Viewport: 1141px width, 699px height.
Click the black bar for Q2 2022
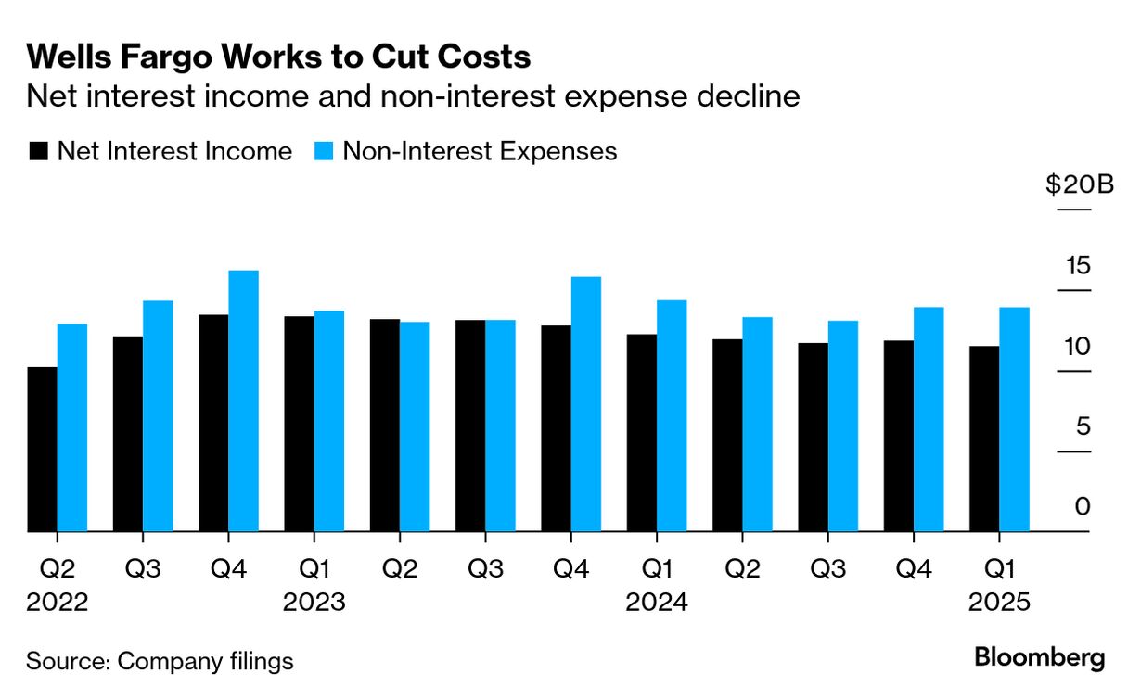(x=43, y=450)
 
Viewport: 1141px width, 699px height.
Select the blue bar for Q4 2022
(x=243, y=401)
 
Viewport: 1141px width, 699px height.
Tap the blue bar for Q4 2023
(x=585, y=404)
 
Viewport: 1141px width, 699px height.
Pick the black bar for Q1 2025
(x=984, y=439)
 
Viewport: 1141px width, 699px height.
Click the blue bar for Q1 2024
(x=671, y=416)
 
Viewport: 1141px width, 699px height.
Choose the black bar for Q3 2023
(x=470, y=426)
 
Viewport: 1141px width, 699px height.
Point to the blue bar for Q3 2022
(x=158, y=416)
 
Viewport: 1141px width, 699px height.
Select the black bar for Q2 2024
(x=727, y=436)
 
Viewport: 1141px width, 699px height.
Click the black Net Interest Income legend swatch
(x=38, y=152)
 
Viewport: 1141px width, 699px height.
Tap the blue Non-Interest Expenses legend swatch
(x=324, y=152)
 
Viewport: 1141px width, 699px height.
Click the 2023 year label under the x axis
(x=314, y=603)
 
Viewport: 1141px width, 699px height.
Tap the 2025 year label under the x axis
(x=999, y=603)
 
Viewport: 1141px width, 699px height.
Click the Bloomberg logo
(x=1039, y=658)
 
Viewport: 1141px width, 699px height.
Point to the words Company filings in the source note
(x=206, y=661)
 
